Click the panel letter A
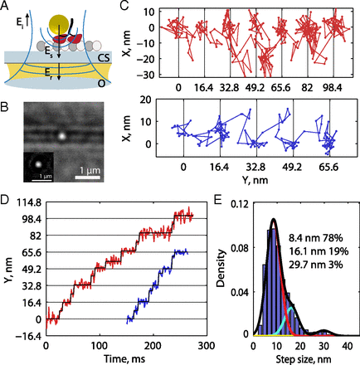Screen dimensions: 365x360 pyautogui.click(x=7, y=7)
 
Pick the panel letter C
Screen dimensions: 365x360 pyautogui.click(x=124, y=7)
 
